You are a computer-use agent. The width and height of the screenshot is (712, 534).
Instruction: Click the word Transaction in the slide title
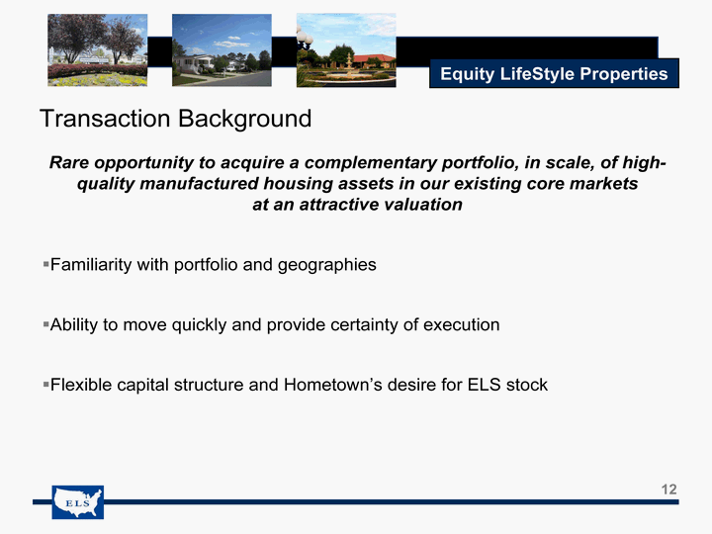[x=106, y=119]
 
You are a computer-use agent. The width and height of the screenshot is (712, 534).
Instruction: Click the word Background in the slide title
[x=245, y=120]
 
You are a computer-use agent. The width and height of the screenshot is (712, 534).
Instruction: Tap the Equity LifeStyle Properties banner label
[x=554, y=73]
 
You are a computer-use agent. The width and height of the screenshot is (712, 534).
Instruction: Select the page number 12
[x=668, y=489]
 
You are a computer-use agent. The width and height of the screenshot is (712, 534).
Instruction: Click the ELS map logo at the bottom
[x=78, y=502]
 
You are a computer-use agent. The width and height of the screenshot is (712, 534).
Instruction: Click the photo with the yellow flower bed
[x=97, y=50]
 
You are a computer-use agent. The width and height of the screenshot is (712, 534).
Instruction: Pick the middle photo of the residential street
[x=222, y=50]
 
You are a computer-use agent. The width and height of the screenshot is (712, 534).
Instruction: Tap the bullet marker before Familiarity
[x=45, y=264]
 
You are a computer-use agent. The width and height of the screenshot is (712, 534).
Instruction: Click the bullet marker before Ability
[x=45, y=324]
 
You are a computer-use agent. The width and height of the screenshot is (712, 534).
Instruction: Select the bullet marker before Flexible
[x=45, y=384]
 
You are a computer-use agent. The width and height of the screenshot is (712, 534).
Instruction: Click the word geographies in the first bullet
[x=327, y=265]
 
